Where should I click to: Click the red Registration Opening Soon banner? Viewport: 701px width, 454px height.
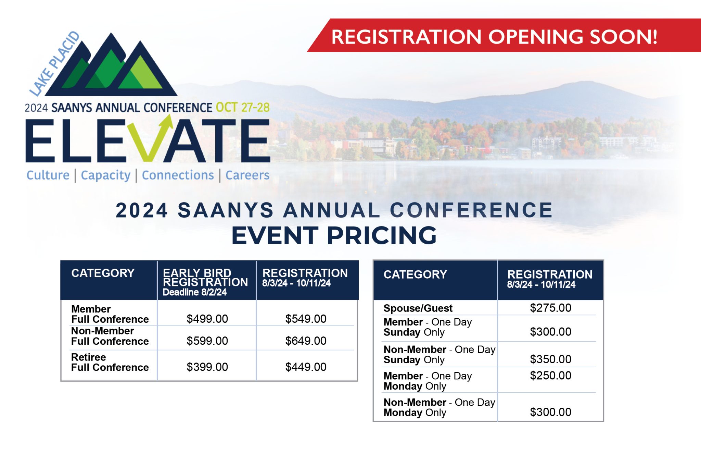point(503,35)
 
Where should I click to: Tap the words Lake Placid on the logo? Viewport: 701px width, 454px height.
point(54,63)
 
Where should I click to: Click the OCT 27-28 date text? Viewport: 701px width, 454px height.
point(243,108)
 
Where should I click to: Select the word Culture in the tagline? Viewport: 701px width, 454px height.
point(48,175)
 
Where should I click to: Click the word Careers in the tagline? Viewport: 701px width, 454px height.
point(247,175)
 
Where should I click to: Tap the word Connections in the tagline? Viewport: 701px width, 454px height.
point(178,175)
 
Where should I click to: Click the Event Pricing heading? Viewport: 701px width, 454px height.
point(334,235)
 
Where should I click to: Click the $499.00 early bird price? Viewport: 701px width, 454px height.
point(207,319)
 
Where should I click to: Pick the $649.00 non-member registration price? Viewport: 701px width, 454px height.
point(306,341)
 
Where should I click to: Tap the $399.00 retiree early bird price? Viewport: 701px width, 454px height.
point(207,367)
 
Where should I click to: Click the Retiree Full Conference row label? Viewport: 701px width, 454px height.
point(110,362)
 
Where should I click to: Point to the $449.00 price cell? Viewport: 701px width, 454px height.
point(306,367)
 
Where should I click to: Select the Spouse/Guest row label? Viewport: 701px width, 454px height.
point(418,308)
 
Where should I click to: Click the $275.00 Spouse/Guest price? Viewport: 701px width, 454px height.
point(550,308)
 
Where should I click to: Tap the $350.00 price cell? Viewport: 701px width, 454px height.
point(550,359)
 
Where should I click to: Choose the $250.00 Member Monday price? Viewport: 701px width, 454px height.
point(550,376)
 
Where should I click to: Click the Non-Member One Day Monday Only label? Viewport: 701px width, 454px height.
point(439,407)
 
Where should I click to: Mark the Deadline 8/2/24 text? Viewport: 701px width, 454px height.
point(194,292)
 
